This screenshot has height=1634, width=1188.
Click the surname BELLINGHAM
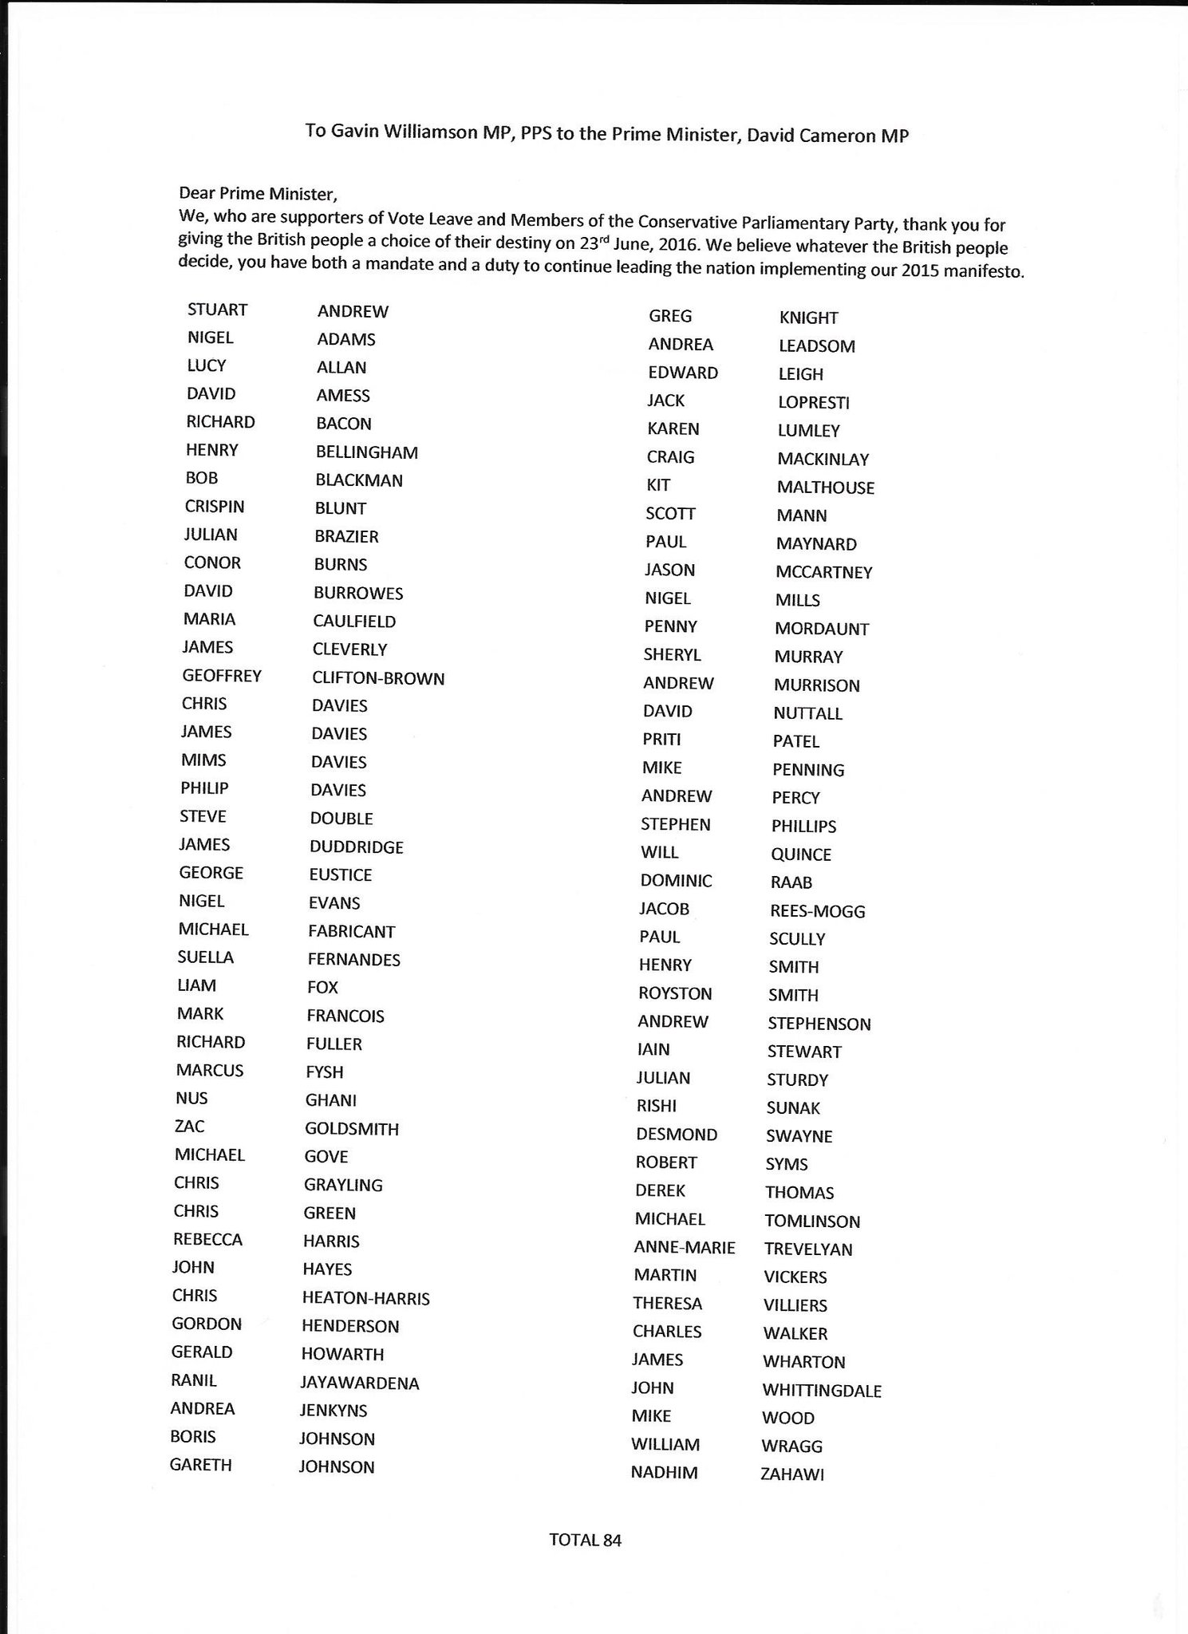click(366, 452)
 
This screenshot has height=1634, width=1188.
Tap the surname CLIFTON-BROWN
click(378, 678)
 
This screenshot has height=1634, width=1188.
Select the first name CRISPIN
click(215, 507)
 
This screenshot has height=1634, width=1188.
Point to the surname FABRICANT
click(352, 931)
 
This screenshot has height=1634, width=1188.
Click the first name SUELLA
click(205, 957)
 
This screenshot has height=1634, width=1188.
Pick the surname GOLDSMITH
click(351, 1129)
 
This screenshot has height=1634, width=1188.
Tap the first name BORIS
click(192, 1436)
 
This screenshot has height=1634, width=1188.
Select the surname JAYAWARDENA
click(360, 1383)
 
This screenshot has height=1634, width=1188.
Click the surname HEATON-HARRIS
click(365, 1298)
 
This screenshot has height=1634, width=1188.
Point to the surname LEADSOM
click(816, 346)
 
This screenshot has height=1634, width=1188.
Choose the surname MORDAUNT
click(821, 629)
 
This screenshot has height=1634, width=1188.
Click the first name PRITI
click(661, 740)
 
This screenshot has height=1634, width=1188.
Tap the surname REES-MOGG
click(817, 911)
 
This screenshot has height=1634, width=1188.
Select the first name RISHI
click(656, 1106)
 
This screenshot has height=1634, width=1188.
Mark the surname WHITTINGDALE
click(822, 1391)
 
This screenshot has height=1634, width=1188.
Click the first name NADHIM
click(664, 1473)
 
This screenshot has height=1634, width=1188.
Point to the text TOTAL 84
click(585, 1540)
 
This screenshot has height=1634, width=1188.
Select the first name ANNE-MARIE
click(685, 1247)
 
